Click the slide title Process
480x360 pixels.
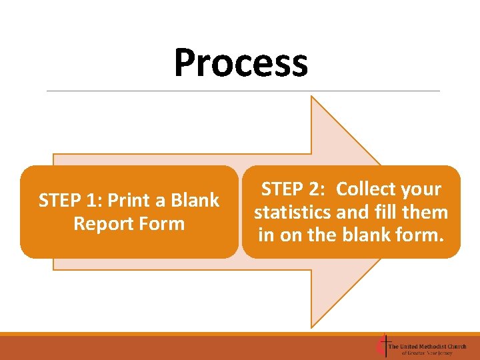tap(241, 63)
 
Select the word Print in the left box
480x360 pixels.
tap(129, 201)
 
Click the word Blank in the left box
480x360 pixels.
tap(195, 201)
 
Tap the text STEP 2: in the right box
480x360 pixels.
tap(293, 189)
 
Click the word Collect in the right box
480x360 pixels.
tap(367, 189)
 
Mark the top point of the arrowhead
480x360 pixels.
tap(312, 97)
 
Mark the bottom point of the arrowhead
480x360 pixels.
tap(312, 326)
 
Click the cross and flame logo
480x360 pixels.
tap(382, 345)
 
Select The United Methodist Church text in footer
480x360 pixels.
tap(427, 346)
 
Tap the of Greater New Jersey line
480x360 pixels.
tap(427, 353)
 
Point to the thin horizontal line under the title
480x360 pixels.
tap(243, 91)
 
